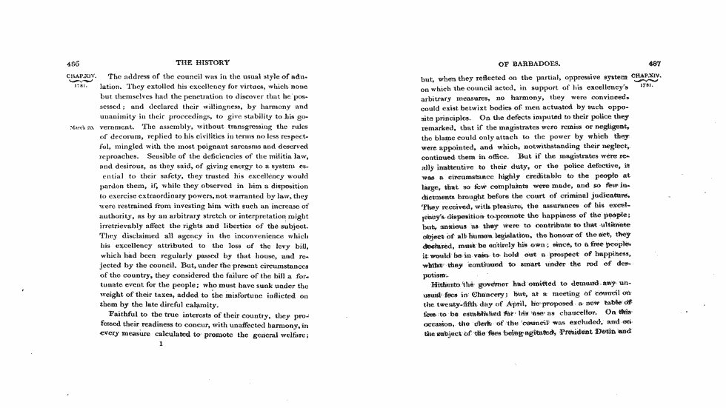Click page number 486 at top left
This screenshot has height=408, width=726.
73,63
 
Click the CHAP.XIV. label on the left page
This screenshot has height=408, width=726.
79,76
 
